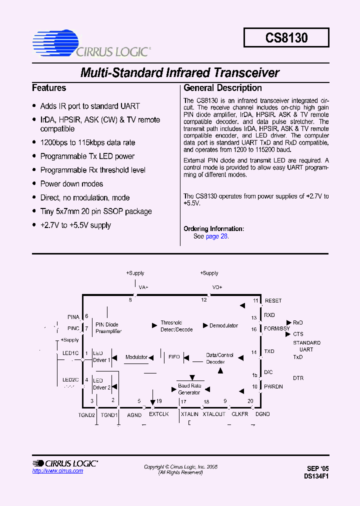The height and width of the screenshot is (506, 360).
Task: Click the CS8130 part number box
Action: click(286, 37)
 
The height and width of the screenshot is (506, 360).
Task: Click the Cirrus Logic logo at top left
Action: click(90, 43)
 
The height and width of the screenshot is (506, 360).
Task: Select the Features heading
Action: click(49, 88)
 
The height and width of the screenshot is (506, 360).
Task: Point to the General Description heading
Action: click(222, 88)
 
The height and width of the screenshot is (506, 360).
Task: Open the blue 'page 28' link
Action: click(217, 236)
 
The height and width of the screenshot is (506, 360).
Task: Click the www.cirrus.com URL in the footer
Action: click(57, 471)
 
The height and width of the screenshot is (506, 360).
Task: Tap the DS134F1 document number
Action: click(316, 476)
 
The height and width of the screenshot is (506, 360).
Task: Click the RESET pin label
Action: click(273, 301)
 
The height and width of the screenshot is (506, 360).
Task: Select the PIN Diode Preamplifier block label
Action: click(108, 328)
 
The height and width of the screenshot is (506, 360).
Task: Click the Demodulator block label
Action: click(223, 326)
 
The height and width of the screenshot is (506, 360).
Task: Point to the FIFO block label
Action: click(174, 357)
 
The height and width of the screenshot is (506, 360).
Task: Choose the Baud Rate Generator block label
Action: click(189, 389)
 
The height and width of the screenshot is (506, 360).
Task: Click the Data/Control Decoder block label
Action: click(219, 358)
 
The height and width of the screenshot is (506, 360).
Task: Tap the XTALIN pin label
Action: click(189, 414)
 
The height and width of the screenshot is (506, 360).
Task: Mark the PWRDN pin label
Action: click(273, 386)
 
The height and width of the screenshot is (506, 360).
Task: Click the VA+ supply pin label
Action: click(143, 287)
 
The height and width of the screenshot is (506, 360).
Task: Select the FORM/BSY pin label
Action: click(276, 328)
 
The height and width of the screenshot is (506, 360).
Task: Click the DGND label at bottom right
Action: click(262, 414)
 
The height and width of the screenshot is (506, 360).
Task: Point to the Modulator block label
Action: click(136, 357)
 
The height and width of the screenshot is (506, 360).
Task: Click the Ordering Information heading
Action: click(213, 229)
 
